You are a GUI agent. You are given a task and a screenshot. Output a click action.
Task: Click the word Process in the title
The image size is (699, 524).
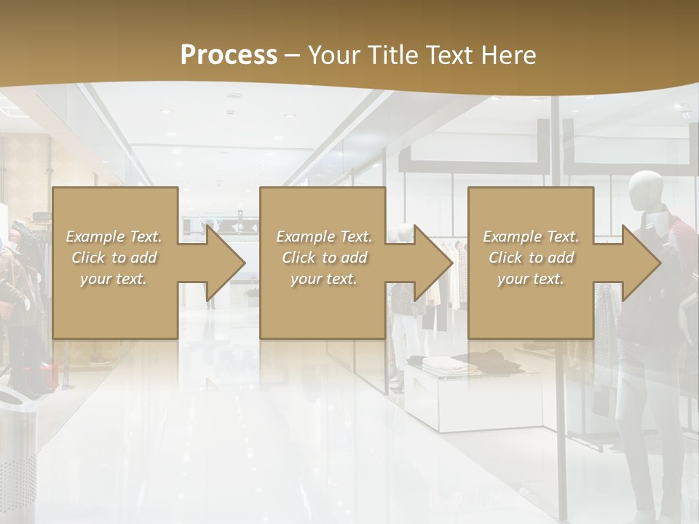pos(229,55)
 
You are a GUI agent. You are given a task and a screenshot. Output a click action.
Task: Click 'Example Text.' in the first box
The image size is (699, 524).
pos(114,237)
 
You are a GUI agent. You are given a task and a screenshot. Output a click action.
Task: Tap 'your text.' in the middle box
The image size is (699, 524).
pos(323,279)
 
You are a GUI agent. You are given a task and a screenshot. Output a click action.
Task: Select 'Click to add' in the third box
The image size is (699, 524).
pos(532,258)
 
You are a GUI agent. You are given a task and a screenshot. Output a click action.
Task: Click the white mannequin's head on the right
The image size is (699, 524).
pos(646,190)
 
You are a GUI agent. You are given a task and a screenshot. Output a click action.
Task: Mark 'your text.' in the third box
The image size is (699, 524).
pos(530,279)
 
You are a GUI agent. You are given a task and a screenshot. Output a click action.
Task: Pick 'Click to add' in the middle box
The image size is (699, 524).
pos(323,258)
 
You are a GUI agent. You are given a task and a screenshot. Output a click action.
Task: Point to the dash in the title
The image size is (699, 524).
pos(293,55)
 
